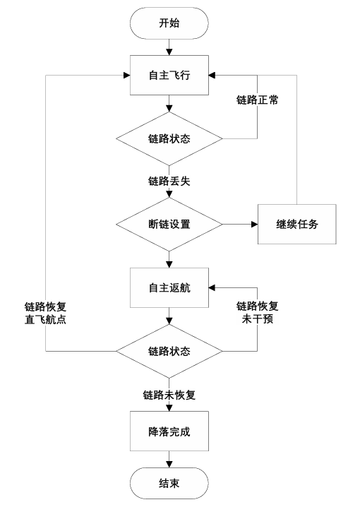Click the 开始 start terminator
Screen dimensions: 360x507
[x=169, y=23]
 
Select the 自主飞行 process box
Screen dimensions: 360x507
[x=169, y=75]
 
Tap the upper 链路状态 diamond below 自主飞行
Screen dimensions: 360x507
[x=169, y=138]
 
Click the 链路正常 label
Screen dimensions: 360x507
[x=257, y=100]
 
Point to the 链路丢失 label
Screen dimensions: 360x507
[x=169, y=181]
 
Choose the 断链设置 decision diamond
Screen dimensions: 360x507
[x=169, y=224]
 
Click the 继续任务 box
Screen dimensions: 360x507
[x=296, y=224]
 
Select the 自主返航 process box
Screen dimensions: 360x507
[x=169, y=287]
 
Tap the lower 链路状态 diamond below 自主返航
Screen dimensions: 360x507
[x=169, y=351]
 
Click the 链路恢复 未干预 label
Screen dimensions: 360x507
[x=257, y=312]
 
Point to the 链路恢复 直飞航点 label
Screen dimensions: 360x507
[x=46, y=313]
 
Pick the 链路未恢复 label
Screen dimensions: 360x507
[x=169, y=395]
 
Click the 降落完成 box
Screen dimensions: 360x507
[x=169, y=431]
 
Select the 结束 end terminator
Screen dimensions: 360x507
[x=169, y=484]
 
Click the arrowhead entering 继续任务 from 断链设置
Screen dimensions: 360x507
[x=254, y=224]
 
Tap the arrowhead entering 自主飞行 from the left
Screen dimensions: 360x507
[x=126, y=75]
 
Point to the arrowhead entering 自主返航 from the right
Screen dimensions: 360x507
[x=212, y=287]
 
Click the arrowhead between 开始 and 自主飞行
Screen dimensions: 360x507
[x=169, y=52]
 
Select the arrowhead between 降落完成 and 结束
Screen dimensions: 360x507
[x=169, y=464]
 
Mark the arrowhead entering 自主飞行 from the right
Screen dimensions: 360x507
[x=212, y=75]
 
